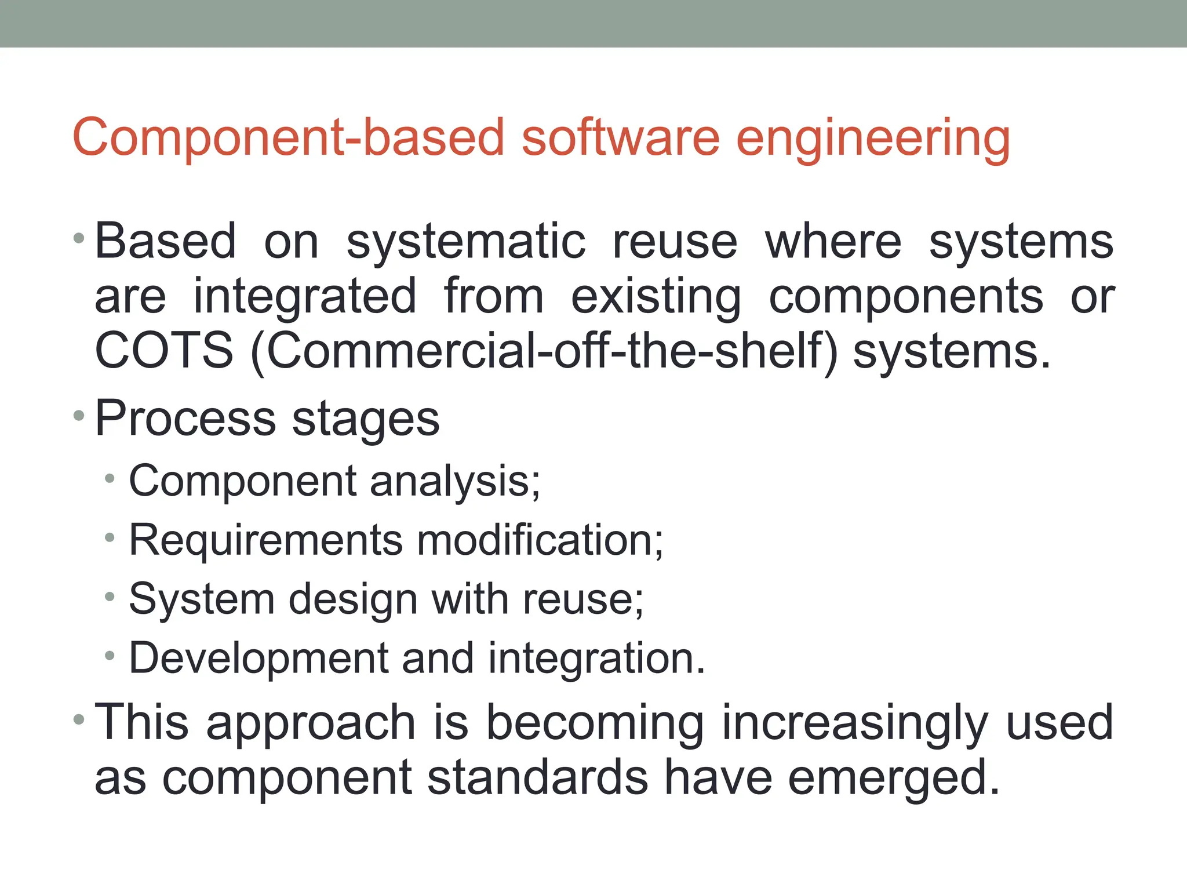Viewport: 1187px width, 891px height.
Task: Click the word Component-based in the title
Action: tap(289, 138)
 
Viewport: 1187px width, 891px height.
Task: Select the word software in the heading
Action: tap(620, 138)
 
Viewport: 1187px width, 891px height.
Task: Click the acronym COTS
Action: tap(164, 351)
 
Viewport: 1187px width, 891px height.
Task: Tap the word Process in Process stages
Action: tap(185, 419)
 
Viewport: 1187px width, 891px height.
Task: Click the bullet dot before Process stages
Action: tap(79, 415)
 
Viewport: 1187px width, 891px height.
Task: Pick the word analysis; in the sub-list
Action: tap(455, 482)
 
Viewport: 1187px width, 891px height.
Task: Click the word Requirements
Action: tap(265, 540)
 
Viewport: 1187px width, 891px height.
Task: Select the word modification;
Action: tap(540, 540)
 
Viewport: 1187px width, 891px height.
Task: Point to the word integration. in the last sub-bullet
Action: tap(597, 659)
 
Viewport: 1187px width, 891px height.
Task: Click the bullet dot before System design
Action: tap(110, 597)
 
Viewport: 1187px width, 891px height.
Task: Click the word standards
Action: tap(537, 778)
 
